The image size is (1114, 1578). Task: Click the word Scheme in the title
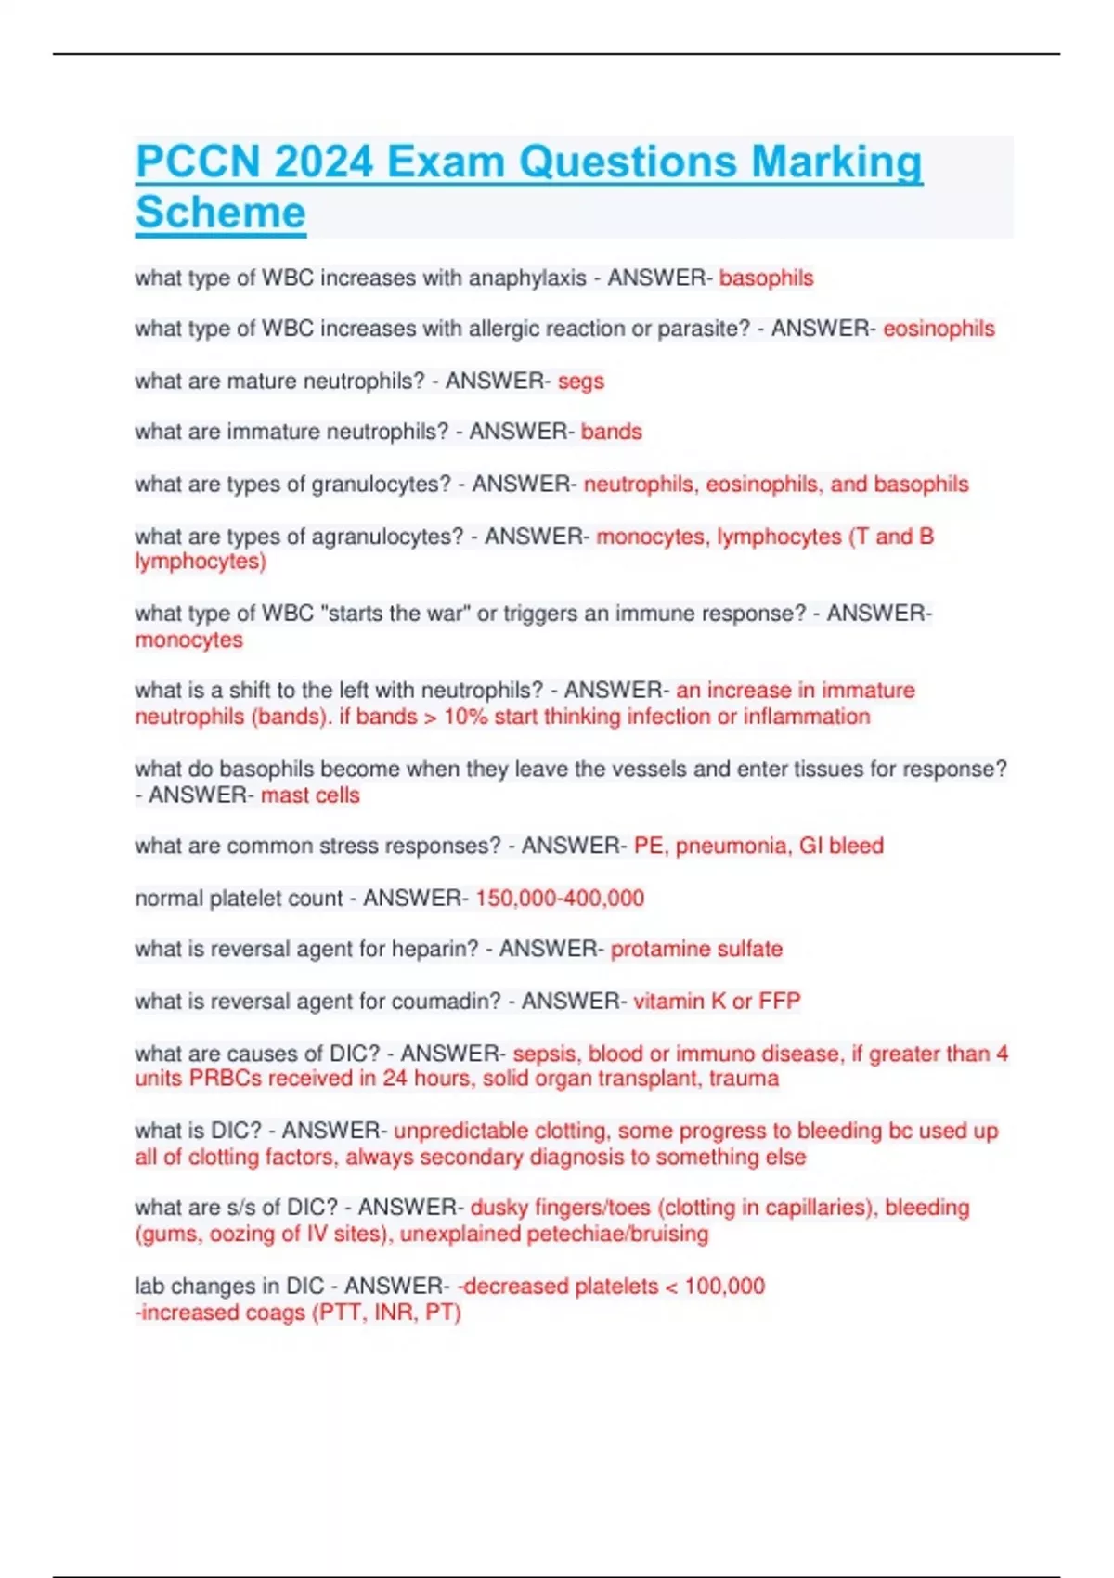tap(221, 213)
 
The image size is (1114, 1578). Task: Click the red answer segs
tap(581, 382)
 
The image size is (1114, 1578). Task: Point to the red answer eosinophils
tap(939, 329)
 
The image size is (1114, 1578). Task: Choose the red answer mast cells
tap(310, 795)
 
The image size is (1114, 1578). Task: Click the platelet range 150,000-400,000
tap(560, 899)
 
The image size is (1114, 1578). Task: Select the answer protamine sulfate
tap(696, 950)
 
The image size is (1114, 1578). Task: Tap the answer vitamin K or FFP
tap(717, 1002)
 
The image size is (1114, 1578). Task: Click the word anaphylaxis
tap(527, 278)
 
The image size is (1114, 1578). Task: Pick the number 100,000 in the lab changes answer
tap(725, 1287)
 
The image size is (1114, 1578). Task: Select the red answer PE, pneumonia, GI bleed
tap(758, 847)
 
